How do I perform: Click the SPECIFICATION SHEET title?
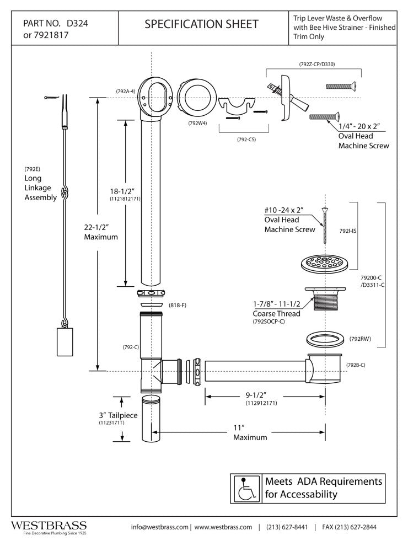pyautogui.click(x=201, y=24)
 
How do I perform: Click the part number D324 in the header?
pyautogui.click(x=77, y=24)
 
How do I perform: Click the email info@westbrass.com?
pyautogui.click(x=159, y=527)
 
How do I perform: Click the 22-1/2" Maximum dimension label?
pyautogui.click(x=101, y=232)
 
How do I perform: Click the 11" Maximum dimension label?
pyautogui.click(x=250, y=432)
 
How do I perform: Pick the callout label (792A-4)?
pyautogui.click(x=126, y=91)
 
